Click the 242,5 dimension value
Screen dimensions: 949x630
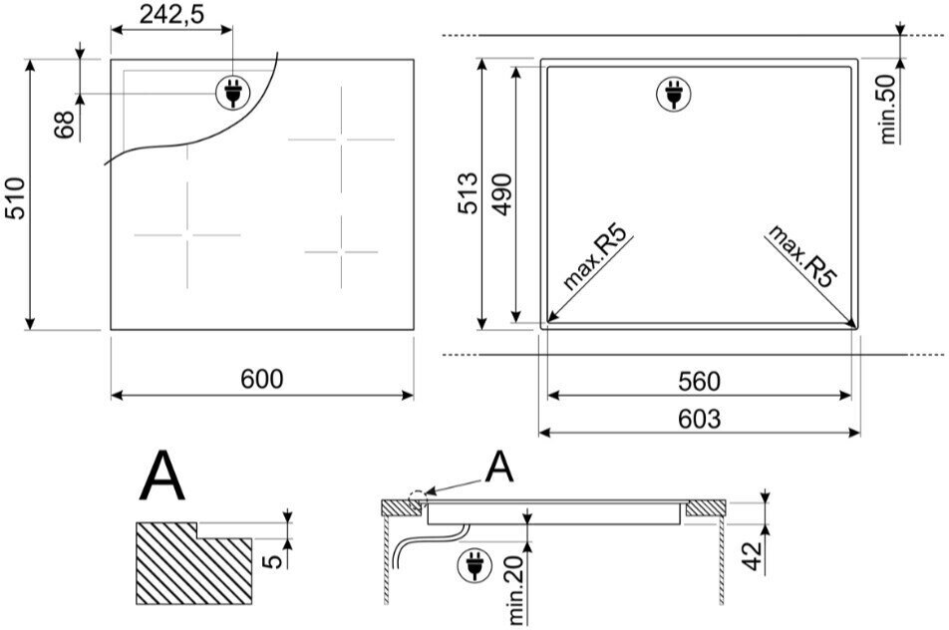(171, 15)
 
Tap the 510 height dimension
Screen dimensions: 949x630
(15, 198)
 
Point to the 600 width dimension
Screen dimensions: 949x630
(261, 379)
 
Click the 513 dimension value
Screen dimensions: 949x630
(468, 193)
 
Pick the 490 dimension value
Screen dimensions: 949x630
(501, 193)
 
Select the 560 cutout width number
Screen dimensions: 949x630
(699, 381)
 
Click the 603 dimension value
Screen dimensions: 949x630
(699, 419)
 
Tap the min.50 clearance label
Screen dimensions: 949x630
(887, 109)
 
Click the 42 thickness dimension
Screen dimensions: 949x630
(751, 555)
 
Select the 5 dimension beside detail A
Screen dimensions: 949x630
(273, 561)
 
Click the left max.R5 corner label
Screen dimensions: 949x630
(595, 255)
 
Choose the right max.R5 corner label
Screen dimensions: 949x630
(801, 255)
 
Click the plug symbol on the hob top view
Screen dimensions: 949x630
(233, 93)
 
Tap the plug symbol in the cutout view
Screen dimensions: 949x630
(674, 94)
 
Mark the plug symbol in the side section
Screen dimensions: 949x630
(475, 566)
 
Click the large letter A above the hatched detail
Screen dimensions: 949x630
(161, 475)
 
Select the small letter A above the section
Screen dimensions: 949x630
(499, 468)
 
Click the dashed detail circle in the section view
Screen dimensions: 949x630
(418, 499)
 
